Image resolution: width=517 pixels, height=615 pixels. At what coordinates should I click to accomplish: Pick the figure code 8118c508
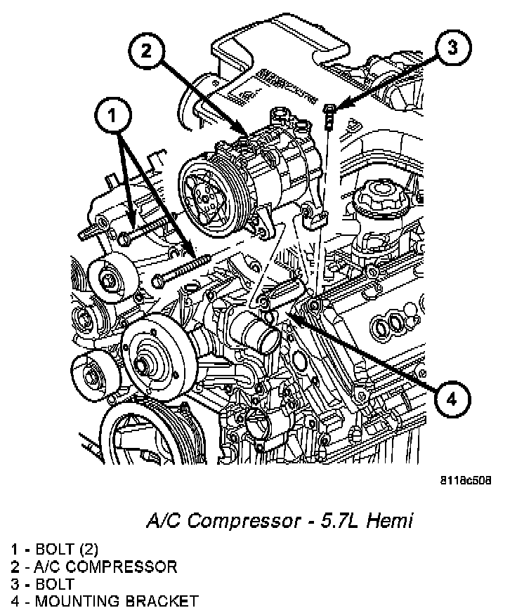pos(465,482)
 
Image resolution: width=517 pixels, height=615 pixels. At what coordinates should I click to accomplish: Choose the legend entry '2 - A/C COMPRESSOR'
pos(93,567)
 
